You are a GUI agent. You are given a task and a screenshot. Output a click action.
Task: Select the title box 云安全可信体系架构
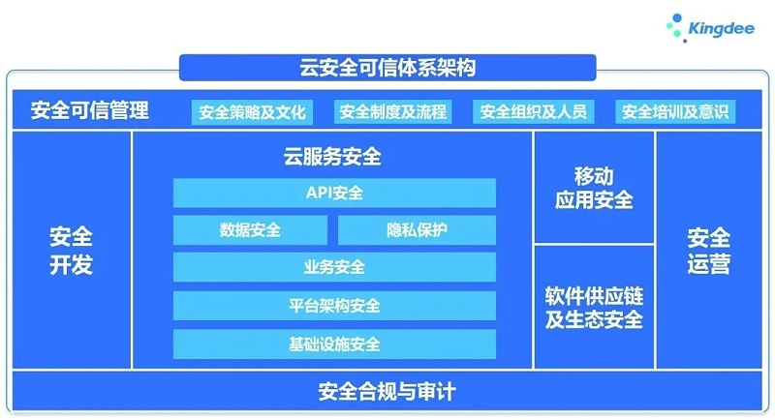click(387, 69)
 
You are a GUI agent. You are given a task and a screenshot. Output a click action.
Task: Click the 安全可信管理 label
click(90, 110)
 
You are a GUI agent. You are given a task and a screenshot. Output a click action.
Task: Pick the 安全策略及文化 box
click(252, 111)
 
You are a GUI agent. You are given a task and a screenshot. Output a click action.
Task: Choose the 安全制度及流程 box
click(393, 111)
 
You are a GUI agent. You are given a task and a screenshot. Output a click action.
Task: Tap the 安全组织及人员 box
click(534, 111)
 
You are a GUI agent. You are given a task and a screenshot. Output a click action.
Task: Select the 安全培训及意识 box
click(675, 111)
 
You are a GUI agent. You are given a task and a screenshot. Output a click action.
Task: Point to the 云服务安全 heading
click(334, 157)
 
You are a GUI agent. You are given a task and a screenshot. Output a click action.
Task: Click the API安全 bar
click(334, 193)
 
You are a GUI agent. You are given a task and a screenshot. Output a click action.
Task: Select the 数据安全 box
click(250, 230)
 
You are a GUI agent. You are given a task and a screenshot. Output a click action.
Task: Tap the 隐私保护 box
click(417, 230)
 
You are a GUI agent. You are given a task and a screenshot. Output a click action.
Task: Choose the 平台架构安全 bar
click(334, 306)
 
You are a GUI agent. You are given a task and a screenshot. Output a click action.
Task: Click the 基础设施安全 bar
click(334, 344)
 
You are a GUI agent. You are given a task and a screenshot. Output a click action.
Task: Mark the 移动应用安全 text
click(594, 189)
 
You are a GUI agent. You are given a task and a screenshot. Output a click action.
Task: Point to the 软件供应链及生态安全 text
click(594, 307)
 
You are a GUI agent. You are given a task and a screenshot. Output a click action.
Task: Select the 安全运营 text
click(709, 251)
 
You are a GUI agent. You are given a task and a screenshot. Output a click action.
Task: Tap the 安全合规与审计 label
click(387, 392)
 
